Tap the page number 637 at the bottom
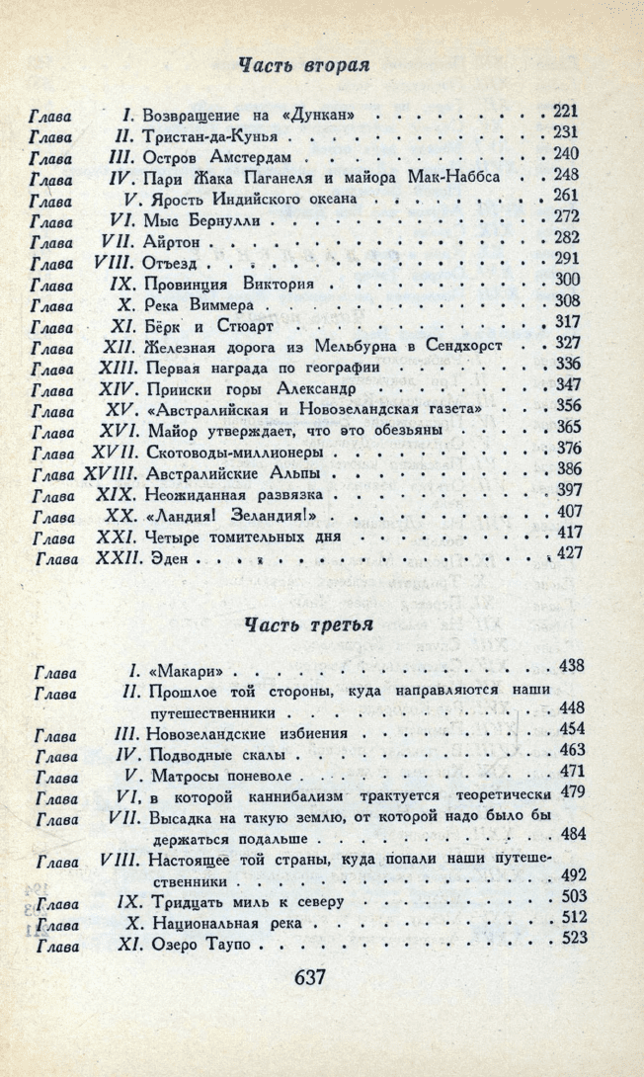pyautogui.click(x=309, y=978)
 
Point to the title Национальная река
pyautogui.click(x=227, y=924)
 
